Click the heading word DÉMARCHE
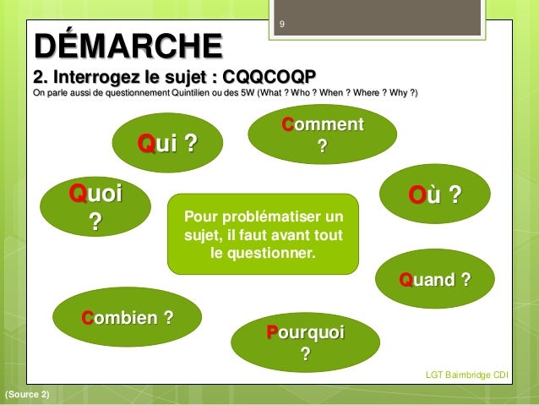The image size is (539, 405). [x=128, y=42]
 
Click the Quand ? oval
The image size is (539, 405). [x=434, y=279]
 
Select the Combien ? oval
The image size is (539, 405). [x=128, y=319]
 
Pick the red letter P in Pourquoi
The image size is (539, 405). [x=272, y=332]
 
